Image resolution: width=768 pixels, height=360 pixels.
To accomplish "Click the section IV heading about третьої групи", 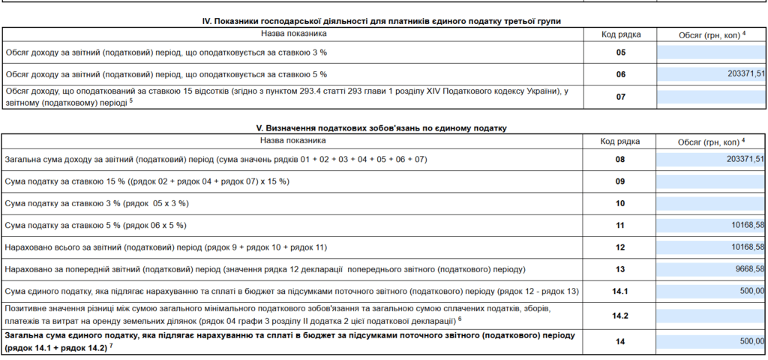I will coord(383,21).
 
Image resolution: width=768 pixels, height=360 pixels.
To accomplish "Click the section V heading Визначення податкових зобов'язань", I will coord(383,128).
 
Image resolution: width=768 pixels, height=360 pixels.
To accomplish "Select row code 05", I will coord(620,52).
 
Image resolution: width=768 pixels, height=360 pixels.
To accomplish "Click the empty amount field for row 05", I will coord(711,52).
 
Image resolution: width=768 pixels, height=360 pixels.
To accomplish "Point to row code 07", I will coord(620,97).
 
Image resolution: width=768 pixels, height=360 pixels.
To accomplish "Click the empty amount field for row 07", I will coord(711,97).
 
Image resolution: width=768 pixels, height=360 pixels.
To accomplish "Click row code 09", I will coord(620,181).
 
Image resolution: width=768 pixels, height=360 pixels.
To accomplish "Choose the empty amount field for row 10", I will coord(711,203).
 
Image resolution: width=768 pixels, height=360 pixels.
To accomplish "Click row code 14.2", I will coord(620,316).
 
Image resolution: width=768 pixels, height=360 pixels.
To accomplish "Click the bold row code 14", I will coord(620,341).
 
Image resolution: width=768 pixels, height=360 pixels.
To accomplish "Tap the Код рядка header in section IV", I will coord(620,34).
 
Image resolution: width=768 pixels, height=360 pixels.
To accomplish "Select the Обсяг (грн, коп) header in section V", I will coord(711,141).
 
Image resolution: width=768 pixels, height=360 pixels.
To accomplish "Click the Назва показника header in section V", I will coord(293,140).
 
